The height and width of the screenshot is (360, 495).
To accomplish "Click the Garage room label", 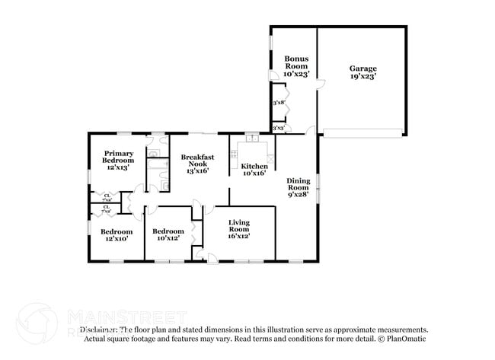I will point(362,68).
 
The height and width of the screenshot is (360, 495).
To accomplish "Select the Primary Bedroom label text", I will point(118,156).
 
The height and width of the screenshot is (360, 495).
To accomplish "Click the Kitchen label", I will point(254,166).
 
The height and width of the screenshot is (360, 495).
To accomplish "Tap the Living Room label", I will point(239,225).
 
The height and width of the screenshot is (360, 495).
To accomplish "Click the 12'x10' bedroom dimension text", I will point(117,238).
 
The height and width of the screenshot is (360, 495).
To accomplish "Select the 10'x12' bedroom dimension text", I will point(168,238).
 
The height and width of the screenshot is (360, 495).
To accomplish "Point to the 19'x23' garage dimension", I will point(362,76).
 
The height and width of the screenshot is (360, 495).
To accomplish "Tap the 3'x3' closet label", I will point(279,128).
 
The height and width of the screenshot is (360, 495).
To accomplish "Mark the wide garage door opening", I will point(361,133).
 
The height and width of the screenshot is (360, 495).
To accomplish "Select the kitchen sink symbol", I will point(251,138).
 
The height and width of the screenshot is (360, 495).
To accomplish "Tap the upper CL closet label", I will point(106,196).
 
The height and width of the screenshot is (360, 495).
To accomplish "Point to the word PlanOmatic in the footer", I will point(408,339).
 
